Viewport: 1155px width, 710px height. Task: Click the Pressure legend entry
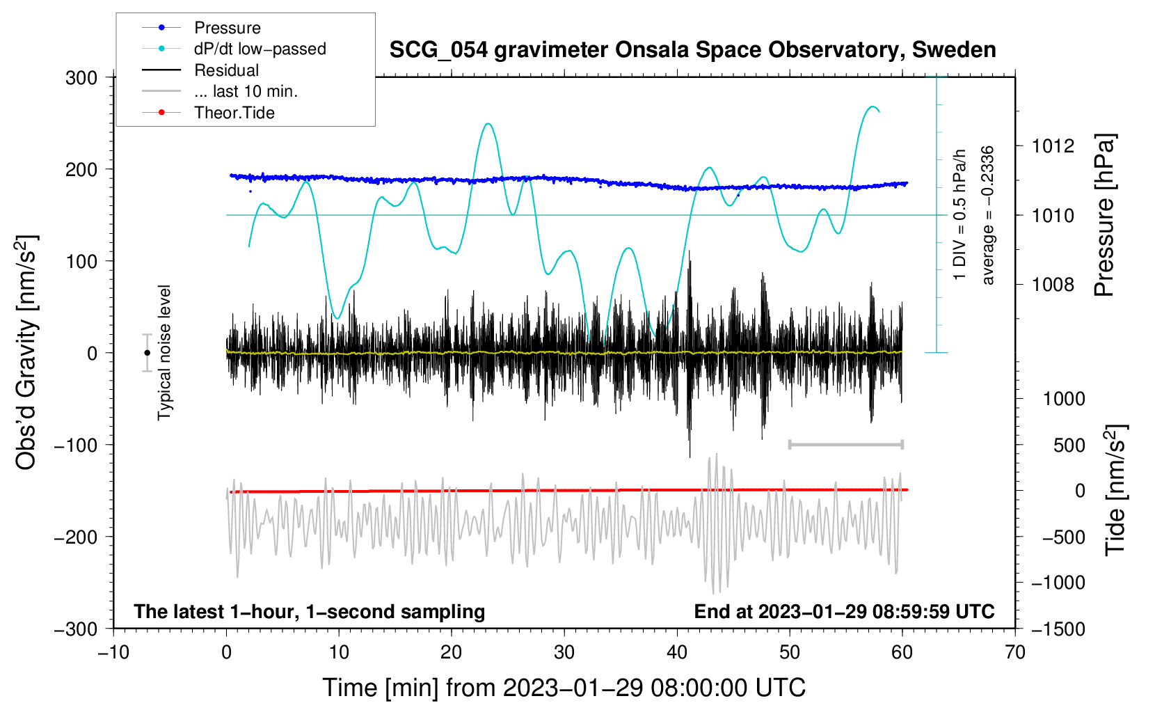click(202, 27)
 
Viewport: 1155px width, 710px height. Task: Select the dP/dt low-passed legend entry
click(234, 49)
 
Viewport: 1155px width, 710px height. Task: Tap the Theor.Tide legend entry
click(208, 113)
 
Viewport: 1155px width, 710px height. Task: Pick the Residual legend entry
click(200, 70)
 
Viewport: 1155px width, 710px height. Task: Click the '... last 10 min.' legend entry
click(220, 91)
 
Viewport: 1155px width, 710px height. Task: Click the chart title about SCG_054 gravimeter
click(692, 50)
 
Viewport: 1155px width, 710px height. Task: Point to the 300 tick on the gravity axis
click(81, 78)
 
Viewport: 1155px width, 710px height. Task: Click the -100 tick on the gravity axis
click(76, 445)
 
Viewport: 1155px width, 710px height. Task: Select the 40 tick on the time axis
click(676, 652)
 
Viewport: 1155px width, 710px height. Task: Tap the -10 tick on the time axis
click(113, 652)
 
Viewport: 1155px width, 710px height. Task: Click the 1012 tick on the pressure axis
click(1053, 146)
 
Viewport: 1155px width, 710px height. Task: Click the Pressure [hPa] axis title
click(1104, 215)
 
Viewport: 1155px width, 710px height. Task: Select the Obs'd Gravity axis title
click(26, 352)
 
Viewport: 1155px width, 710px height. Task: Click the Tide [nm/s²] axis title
click(1115, 490)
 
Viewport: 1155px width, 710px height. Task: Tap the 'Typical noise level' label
click(164, 352)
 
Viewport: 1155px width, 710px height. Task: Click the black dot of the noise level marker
click(148, 353)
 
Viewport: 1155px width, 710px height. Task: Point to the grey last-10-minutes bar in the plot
click(845, 444)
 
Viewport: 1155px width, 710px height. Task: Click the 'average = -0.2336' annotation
click(987, 215)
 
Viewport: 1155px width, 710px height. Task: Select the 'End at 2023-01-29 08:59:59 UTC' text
click(844, 611)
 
